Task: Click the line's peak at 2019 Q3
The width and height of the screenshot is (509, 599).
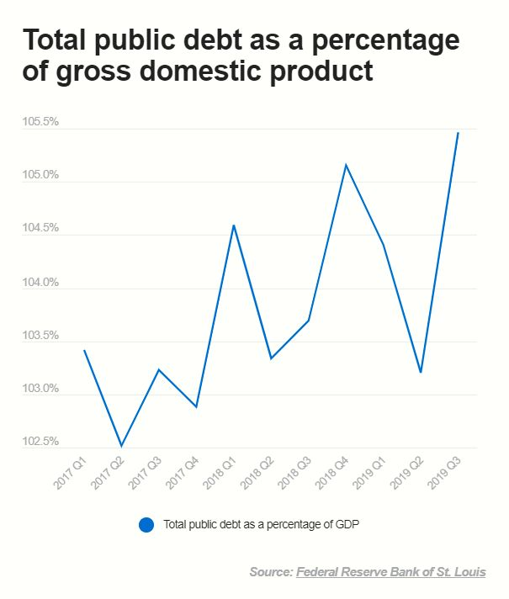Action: (458, 133)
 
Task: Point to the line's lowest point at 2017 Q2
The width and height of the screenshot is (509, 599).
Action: (122, 446)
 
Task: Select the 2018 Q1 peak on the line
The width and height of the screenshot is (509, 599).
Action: (233, 225)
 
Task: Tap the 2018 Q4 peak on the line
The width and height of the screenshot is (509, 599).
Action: (346, 164)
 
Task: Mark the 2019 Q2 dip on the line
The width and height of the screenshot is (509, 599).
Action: (421, 372)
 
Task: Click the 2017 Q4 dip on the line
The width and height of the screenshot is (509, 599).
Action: (196, 407)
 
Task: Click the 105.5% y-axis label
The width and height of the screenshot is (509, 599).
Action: (40, 122)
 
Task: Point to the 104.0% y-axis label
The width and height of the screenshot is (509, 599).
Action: (40, 282)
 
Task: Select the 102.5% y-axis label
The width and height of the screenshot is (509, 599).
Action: (40, 442)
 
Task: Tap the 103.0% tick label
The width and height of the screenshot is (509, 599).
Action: (40, 389)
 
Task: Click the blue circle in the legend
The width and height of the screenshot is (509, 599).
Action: (146, 524)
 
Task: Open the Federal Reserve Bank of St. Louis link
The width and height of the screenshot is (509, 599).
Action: (390, 572)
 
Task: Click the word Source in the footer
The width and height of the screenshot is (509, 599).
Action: (271, 572)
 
